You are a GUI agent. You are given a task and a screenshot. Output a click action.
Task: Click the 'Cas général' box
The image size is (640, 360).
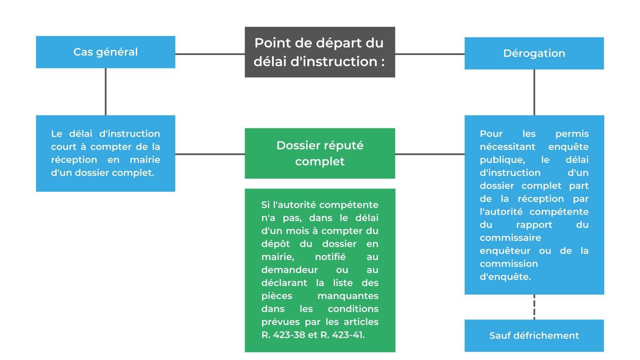coord(105,52)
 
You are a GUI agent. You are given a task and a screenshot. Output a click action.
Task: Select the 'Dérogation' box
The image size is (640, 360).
coord(534,53)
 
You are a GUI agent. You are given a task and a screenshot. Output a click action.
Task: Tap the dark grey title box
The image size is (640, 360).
coord(320,52)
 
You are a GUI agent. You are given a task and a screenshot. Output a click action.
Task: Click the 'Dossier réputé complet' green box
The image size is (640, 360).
coord(320,153)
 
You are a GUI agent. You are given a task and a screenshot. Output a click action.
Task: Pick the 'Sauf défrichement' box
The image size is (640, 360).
coord(534,335)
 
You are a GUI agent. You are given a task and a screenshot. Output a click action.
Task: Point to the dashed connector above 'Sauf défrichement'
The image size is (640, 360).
coord(534,307)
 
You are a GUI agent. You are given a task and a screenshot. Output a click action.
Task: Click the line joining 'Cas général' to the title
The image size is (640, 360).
coord(210,54)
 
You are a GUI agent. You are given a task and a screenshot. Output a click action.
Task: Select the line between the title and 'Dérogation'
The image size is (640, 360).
coord(430,54)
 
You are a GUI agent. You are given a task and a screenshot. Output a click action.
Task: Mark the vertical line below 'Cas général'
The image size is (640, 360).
coord(105,92)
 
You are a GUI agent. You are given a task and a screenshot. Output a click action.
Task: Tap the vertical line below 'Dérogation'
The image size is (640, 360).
coord(534,92)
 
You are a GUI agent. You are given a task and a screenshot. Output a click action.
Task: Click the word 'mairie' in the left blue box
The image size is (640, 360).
coord(145,160)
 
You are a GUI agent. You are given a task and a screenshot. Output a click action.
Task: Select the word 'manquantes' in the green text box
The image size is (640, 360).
coord(348,296)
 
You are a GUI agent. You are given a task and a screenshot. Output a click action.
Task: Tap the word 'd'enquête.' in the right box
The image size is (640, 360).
coord(505,277)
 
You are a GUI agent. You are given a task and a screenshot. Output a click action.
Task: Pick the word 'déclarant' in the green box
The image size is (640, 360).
coord(284,283)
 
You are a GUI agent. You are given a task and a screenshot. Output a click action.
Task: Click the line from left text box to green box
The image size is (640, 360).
coord(210,154)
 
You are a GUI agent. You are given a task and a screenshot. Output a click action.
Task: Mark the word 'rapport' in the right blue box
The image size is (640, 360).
coord(534,225)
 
